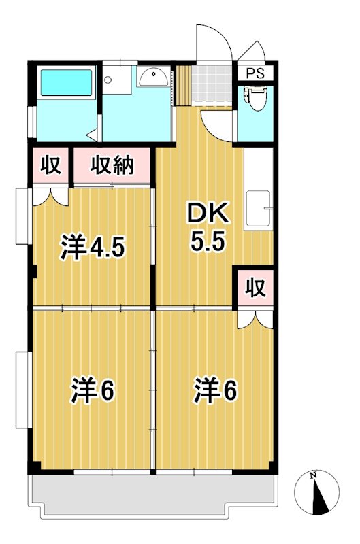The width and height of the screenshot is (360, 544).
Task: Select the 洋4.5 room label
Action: click(93, 248)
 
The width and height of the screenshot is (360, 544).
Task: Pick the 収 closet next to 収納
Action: click(51, 165)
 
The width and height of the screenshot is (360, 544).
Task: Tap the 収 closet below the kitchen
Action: click(255, 288)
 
